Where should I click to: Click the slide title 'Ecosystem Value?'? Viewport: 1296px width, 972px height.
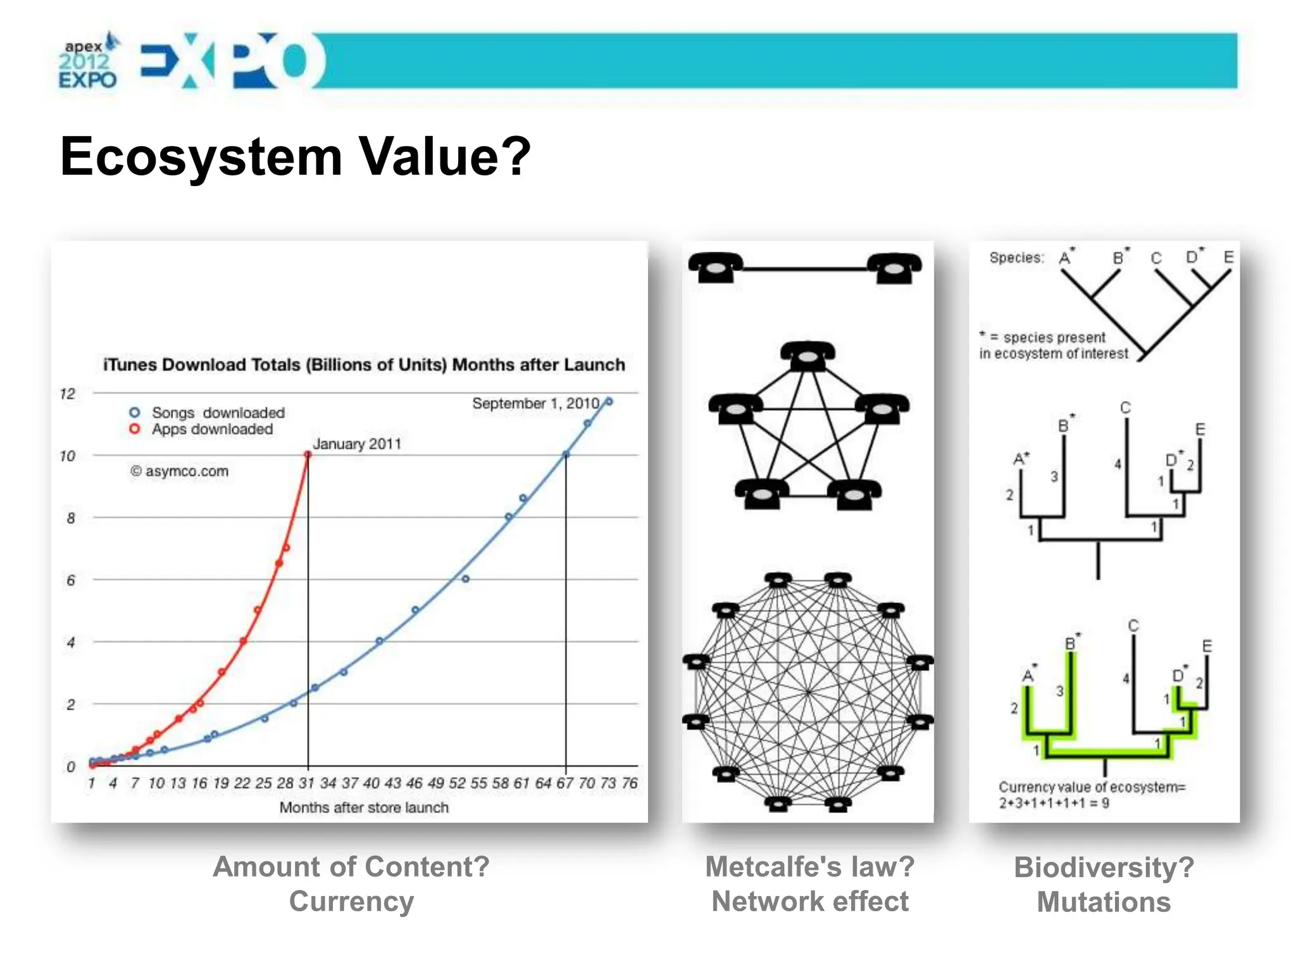(295, 156)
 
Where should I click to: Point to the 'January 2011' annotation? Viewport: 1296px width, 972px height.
(357, 444)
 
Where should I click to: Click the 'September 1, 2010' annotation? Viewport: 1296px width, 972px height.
(535, 403)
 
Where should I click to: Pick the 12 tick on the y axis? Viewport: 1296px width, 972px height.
(68, 394)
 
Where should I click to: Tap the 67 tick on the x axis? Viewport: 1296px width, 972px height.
(565, 783)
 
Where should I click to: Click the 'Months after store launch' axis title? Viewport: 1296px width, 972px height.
(364, 807)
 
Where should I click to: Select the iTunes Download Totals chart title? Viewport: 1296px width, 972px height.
(364, 364)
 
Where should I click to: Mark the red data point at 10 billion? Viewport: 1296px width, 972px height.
(308, 454)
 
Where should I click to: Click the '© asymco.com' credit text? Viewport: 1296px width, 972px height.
(180, 471)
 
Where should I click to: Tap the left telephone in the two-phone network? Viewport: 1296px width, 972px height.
(716, 267)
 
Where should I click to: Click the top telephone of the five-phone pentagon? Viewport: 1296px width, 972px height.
(807, 356)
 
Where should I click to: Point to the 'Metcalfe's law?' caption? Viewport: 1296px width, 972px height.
(810, 866)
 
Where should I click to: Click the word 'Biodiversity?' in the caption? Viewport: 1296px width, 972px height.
(1104, 867)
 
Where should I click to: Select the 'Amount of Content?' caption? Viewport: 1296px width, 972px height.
(351, 866)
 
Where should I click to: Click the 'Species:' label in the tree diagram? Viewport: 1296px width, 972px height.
(1016, 258)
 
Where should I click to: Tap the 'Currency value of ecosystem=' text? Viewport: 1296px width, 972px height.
(1092, 787)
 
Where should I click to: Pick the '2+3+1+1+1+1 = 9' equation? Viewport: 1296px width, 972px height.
(1054, 803)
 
